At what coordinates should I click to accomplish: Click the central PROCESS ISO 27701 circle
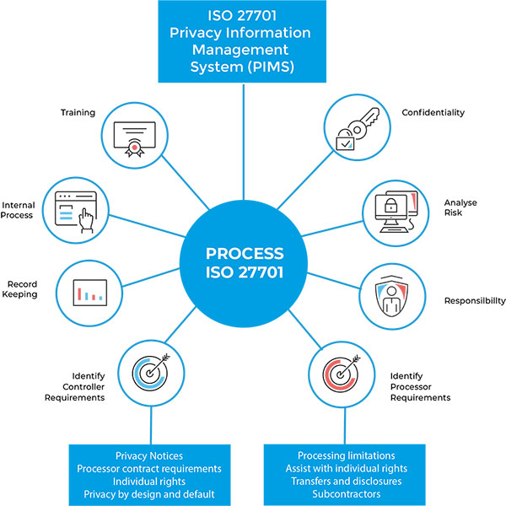point(245,263)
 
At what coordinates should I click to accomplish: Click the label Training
point(78,112)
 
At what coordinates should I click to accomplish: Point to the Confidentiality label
point(433,112)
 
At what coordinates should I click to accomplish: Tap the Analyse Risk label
point(460,207)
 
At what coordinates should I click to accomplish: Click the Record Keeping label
point(22,289)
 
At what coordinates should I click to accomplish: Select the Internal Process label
point(19,210)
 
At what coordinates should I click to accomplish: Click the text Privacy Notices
point(148,455)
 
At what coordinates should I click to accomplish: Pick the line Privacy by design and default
point(148,493)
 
